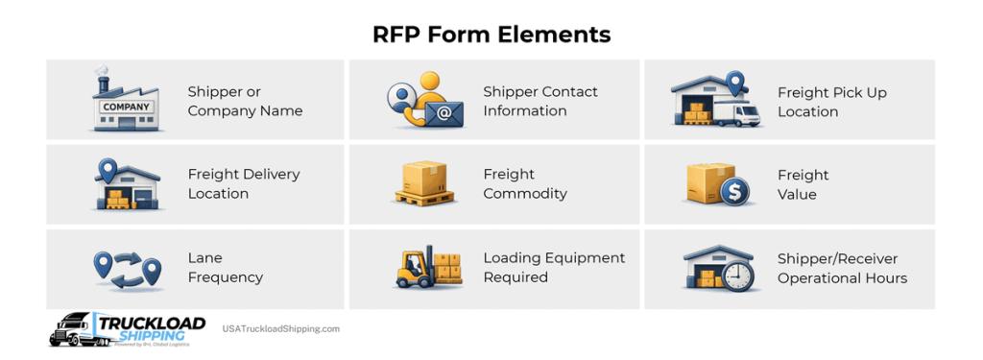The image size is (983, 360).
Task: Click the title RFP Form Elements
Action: click(x=491, y=35)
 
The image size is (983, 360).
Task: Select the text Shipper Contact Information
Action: click(x=539, y=101)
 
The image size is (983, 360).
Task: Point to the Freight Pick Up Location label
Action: click(x=831, y=102)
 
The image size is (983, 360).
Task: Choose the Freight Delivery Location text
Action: click(x=243, y=183)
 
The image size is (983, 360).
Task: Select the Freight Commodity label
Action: click(x=524, y=183)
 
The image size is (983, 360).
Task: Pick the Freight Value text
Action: click(x=803, y=184)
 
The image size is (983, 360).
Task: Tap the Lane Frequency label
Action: click(x=225, y=268)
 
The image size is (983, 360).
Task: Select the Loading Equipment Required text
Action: click(x=554, y=267)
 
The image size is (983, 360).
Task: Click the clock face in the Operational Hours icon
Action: click(x=737, y=276)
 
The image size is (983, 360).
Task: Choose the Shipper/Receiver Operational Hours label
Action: click(x=841, y=268)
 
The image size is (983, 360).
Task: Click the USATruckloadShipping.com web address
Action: click(x=281, y=329)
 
